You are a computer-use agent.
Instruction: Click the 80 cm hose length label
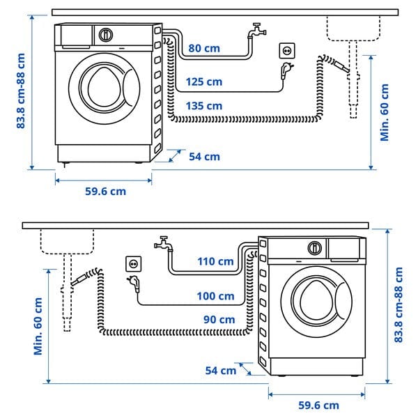coord(203,49)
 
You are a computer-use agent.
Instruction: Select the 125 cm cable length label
coord(204,82)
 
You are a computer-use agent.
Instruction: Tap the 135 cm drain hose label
coord(204,106)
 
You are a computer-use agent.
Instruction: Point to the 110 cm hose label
coord(216,261)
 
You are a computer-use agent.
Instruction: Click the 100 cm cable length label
coord(216,296)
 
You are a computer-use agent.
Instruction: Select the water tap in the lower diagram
coord(163,244)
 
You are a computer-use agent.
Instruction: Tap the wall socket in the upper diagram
coord(286,50)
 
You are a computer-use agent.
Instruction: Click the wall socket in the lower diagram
coord(132,263)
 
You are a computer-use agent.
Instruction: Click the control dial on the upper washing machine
coord(106,34)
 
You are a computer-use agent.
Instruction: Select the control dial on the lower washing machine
coord(316,247)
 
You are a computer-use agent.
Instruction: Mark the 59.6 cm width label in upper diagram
coord(104,191)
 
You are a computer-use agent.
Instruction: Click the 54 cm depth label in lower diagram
coord(221,370)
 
